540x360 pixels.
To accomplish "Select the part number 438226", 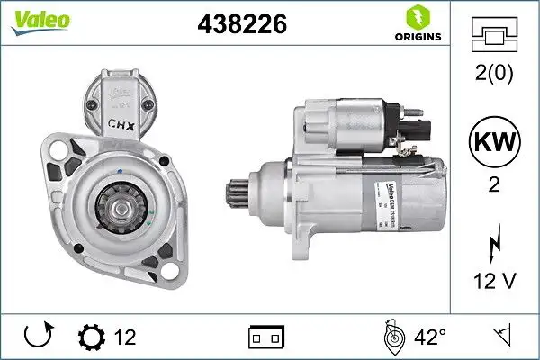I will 241,26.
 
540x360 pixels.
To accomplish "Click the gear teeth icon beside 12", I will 93,337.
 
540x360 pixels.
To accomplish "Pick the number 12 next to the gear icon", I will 126,337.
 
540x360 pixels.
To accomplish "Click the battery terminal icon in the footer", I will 265,338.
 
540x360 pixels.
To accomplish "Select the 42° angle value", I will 430,337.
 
